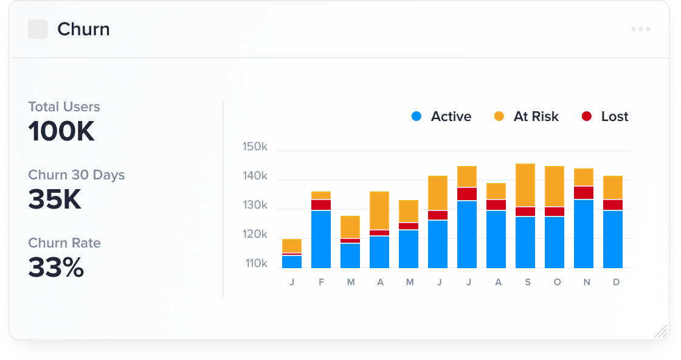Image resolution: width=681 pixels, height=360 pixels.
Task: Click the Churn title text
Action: pos(83,29)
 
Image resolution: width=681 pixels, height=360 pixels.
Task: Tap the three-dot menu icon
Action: pos(641,29)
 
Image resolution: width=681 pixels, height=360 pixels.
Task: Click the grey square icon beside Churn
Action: pos(38,29)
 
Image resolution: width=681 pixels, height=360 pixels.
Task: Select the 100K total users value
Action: pos(61,131)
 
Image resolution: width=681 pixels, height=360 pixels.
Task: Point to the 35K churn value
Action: pos(55,199)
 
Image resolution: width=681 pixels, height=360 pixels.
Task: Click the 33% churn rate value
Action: pos(56,268)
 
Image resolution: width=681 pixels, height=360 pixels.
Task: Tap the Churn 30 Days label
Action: pos(76,175)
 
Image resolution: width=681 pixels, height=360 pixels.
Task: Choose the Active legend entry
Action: pos(441,117)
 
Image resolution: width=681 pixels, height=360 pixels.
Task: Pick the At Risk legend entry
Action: pos(526,117)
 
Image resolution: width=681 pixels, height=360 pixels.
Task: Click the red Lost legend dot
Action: pos(586,117)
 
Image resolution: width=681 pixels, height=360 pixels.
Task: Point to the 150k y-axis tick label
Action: pos(255,147)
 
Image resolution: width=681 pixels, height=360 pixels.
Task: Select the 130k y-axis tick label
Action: pos(255,206)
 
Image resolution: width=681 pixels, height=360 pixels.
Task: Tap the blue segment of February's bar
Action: pos(321,239)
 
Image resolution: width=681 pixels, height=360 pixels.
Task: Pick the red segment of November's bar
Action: pos(584,193)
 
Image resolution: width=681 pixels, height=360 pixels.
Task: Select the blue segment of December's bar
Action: pos(613,239)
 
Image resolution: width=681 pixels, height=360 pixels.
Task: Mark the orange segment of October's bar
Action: pos(555,186)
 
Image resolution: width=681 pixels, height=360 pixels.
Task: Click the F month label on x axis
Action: pos(321,283)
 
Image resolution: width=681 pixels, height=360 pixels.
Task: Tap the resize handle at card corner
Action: pos(660,331)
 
